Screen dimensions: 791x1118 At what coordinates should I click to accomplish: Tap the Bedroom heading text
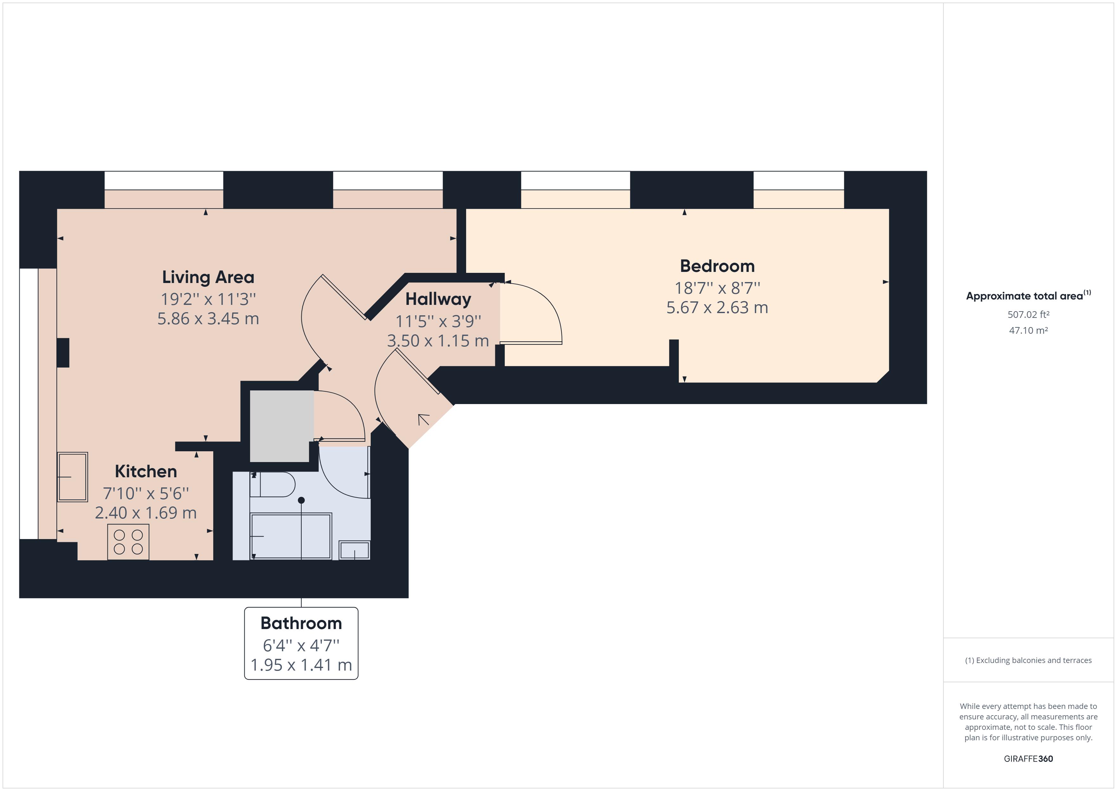pos(717,266)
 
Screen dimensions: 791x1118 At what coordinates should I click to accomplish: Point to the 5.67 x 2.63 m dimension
pos(717,308)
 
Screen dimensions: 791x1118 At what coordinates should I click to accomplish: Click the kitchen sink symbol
pos(73,477)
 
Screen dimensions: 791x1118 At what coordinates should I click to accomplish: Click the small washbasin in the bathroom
pos(355,550)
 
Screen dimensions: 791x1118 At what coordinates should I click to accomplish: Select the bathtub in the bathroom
pos(291,536)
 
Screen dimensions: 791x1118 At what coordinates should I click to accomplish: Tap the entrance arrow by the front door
pos(423,419)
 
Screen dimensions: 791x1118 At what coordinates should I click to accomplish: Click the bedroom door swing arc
pos(541,312)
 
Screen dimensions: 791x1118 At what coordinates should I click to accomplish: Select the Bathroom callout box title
pos(301,623)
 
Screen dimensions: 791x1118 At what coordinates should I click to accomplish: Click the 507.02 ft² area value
pos(1028,315)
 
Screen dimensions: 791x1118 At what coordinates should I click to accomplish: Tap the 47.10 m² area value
pos(1028,330)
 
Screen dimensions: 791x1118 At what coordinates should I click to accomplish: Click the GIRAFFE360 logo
pos(1028,758)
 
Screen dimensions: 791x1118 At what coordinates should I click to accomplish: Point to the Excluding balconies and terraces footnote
pos(1028,660)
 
